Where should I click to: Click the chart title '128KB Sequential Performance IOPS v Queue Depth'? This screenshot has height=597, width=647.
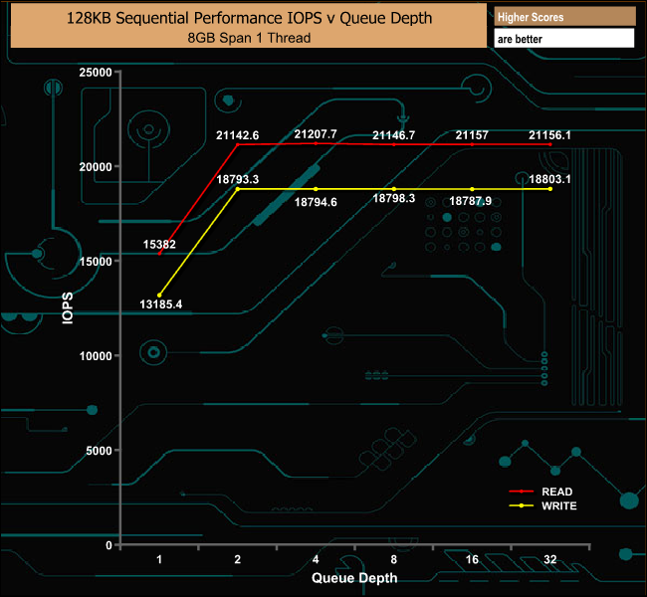click(x=249, y=19)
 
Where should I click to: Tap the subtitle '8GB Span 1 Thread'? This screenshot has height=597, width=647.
click(x=249, y=38)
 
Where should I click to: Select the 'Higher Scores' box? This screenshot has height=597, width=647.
click(x=563, y=17)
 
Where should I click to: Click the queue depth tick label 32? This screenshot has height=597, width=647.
click(x=549, y=559)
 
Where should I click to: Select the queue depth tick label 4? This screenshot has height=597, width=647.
click(x=316, y=559)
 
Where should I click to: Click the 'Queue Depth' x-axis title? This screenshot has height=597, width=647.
click(x=354, y=577)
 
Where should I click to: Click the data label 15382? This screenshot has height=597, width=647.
click(x=159, y=243)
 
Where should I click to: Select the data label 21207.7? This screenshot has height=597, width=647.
click(x=316, y=133)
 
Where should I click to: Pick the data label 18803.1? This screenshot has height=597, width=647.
click(x=550, y=179)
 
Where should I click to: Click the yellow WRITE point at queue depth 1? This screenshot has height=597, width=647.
click(x=159, y=295)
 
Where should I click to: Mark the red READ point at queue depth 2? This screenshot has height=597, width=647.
click(x=238, y=144)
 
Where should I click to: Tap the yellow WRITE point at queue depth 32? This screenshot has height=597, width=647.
click(x=550, y=189)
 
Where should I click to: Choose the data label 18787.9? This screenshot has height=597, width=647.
click(x=471, y=201)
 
